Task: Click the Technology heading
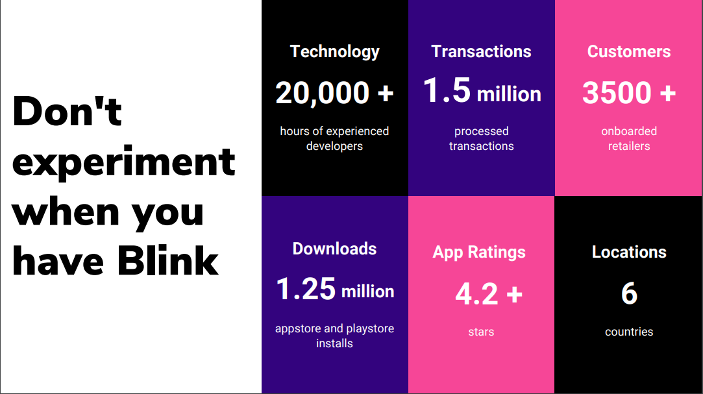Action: pos(334,52)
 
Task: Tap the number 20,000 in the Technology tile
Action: pos(323,93)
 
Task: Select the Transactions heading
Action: pos(481,51)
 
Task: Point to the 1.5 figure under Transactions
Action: pos(447,90)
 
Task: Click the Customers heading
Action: pos(629,51)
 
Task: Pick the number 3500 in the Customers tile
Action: pos(617,93)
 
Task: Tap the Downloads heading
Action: pos(334,249)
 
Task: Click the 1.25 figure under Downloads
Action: pos(306,289)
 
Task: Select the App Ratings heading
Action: pos(479,252)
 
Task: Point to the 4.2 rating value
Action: pos(476,294)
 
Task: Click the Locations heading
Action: pos(629,252)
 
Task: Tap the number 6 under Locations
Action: pos(629,293)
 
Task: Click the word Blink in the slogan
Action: pos(168,261)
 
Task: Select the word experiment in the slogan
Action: pos(124,162)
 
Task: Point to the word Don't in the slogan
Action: pos(68,111)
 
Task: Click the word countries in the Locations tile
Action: pos(629,332)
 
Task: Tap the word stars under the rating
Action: pos(481,332)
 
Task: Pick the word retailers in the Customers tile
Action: pos(629,146)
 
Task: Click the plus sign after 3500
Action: pos(667,93)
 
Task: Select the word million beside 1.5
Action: pos(509,95)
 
